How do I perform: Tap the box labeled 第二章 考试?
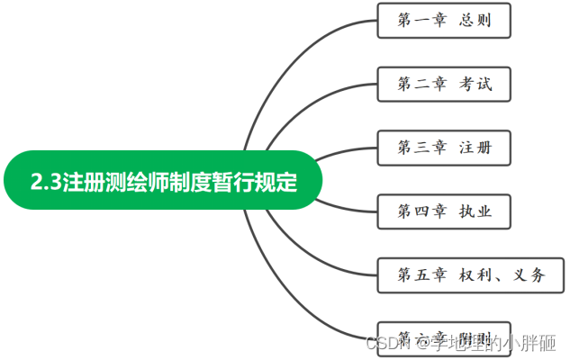tap(444, 85)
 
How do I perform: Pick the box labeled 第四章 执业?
tap(443, 211)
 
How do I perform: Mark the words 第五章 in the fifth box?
tap(421, 275)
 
